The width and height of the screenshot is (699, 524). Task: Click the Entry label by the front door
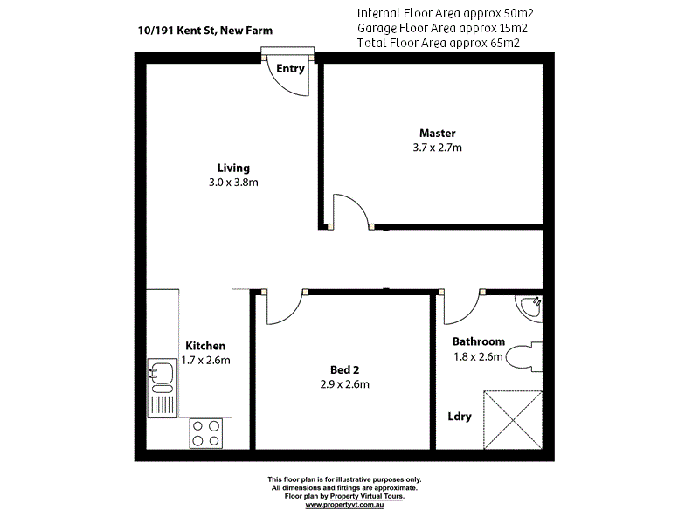tap(289, 69)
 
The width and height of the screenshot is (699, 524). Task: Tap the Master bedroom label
tap(437, 133)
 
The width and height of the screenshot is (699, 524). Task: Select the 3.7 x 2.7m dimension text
tap(437, 148)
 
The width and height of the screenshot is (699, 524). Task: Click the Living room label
tap(233, 168)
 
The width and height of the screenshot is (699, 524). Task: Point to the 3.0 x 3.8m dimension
tap(233, 183)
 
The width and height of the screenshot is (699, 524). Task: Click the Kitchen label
tap(205, 346)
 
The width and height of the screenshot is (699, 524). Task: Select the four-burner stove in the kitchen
tap(206, 433)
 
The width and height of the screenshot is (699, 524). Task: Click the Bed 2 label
tap(344, 369)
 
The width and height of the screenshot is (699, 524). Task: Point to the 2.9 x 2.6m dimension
tap(344, 384)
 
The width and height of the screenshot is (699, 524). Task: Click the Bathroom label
tap(478, 341)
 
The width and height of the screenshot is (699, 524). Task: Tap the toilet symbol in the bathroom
tap(527, 358)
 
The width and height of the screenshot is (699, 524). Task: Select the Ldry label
tap(460, 417)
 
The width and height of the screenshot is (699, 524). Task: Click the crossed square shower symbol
tap(515, 419)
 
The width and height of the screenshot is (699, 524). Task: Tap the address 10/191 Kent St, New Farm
tap(204, 30)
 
